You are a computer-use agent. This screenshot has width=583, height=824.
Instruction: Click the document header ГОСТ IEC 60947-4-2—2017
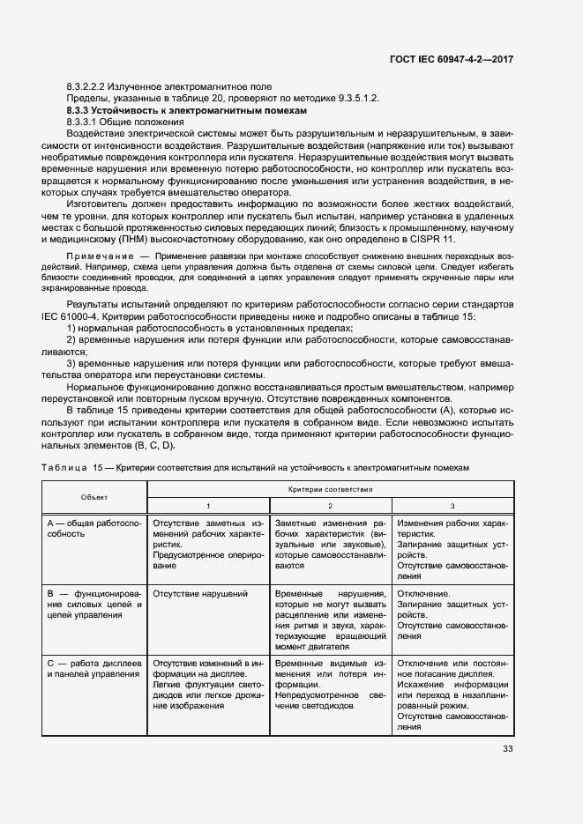[451, 59]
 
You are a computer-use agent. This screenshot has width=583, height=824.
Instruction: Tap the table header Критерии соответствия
[330, 488]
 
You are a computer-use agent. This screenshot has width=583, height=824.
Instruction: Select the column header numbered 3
[452, 505]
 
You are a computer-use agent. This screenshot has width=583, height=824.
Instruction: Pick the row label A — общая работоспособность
[93, 529]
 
